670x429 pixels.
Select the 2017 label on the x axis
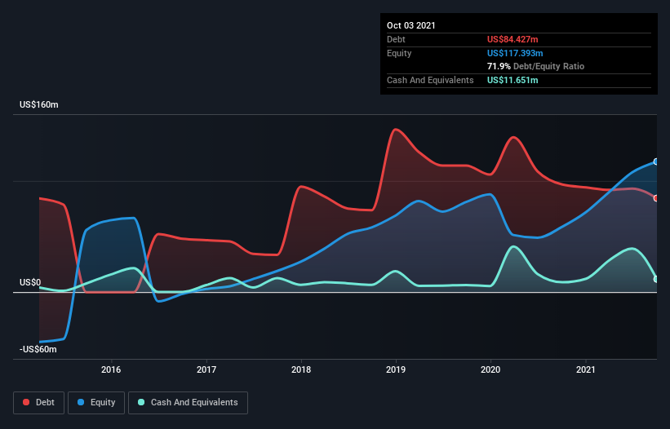click(206, 369)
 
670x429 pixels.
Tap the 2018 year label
click(302, 369)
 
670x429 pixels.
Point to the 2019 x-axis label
click(397, 369)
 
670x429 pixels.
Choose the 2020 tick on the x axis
click(491, 369)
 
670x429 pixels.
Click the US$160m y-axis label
click(38, 105)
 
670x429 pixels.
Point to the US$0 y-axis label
click(30, 283)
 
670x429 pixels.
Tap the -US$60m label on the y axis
click(38, 349)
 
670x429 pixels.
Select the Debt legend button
click(39, 402)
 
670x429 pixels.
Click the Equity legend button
click(96, 402)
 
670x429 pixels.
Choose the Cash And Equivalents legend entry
click(188, 402)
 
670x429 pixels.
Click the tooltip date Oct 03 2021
click(410, 25)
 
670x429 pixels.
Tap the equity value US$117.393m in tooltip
click(515, 53)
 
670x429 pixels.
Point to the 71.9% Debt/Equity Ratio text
click(535, 66)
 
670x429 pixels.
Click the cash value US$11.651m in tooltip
click(512, 80)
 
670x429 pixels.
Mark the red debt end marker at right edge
click(656, 198)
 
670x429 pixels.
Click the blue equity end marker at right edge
click(656, 161)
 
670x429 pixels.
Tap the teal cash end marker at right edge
click(656, 279)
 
